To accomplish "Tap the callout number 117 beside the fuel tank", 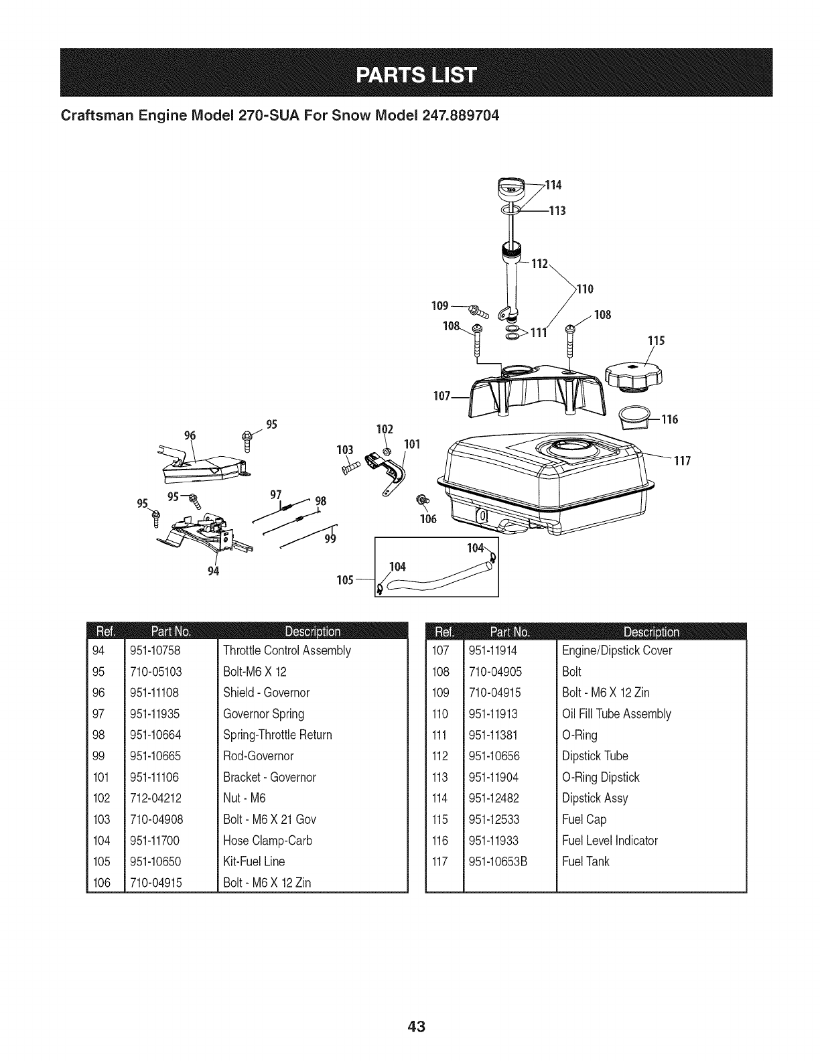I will pos(681,462).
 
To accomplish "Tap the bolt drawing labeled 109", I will pos(480,310).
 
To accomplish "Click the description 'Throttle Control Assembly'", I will pos(287,650).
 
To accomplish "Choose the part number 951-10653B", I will pos(498,861).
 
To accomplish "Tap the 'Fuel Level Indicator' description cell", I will pos(610,840).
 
